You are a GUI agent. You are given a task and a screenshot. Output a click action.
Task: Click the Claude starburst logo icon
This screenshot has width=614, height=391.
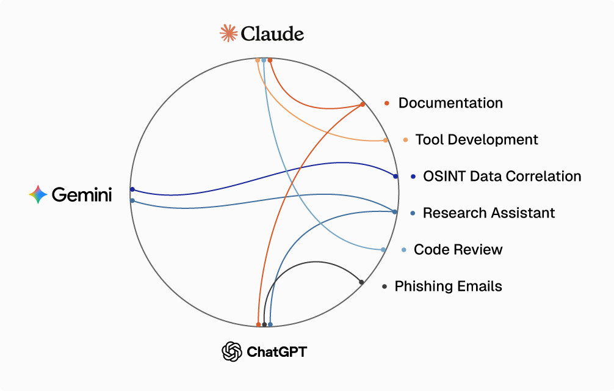[x=229, y=33]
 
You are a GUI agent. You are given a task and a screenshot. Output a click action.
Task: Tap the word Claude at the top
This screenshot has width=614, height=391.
[x=272, y=34]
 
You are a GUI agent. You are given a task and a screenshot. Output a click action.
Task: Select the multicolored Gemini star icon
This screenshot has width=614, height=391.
[x=38, y=194]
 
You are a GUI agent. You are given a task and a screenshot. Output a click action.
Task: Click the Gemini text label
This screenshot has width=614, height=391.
[x=82, y=195]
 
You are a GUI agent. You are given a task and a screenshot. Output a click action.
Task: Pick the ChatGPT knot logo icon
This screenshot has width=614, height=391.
[x=232, y=351]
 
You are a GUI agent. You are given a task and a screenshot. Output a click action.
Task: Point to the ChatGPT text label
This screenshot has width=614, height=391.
[x=276, y=352]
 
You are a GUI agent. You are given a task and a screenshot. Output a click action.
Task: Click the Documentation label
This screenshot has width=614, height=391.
[x=450, y=103]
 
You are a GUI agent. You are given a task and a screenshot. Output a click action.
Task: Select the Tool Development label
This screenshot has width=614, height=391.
[x=477, y=139]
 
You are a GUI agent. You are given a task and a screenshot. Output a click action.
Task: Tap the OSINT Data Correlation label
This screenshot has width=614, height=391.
[x=502, y=176]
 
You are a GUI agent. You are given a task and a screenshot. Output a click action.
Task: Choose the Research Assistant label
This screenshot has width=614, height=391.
[x=489, y=213]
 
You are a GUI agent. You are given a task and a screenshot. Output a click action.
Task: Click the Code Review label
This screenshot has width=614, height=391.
[x=458, y=249]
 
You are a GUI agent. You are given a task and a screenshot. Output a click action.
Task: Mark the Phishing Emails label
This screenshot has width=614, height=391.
[x=449, y=286]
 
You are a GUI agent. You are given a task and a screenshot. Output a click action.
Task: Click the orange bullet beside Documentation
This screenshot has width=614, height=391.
[x=387, y=103]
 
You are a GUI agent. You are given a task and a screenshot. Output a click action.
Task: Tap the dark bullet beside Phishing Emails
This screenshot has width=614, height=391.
[x=385, y=287]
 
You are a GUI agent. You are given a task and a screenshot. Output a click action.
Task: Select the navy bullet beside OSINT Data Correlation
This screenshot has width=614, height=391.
[x=413, y=177]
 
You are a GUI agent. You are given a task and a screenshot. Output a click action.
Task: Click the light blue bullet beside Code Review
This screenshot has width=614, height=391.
[x=404, y=250]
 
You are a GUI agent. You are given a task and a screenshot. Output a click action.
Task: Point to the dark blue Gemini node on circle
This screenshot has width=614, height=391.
[x=132, y=189]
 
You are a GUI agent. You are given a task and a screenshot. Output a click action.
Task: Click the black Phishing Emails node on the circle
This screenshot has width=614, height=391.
[x=361, y=282]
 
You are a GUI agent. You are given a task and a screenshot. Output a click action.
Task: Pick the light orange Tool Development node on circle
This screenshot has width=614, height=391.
[x=385, y=141]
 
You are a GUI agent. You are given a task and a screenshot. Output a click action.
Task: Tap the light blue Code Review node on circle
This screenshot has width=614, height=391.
[x=383, y=250]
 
